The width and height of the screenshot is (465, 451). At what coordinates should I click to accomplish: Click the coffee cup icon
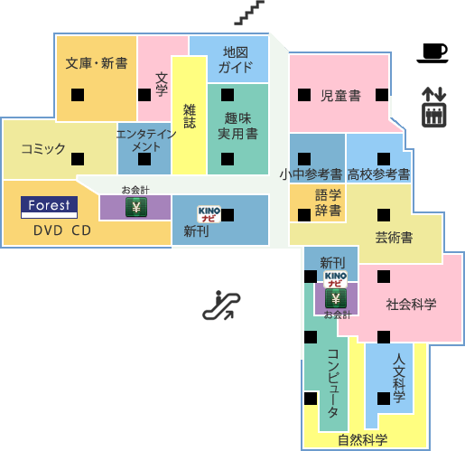432,53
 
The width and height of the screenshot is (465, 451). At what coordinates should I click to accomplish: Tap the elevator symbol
433,107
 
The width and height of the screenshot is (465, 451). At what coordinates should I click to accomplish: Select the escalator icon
221,305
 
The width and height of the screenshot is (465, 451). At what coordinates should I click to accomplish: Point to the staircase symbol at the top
249,13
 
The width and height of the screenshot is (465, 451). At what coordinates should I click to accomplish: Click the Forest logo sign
49,207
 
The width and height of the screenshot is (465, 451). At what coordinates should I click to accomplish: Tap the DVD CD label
62,230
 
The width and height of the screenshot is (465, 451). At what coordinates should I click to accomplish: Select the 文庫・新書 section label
97,63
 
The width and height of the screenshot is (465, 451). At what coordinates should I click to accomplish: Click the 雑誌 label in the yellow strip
190,116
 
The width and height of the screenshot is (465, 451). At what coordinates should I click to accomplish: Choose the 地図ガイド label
236,60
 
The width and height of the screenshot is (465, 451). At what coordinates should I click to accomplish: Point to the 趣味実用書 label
237,126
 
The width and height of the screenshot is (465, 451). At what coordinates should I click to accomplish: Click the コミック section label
43,149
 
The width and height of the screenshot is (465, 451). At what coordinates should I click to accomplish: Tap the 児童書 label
340,96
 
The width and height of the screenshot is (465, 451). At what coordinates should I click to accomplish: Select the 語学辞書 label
328,202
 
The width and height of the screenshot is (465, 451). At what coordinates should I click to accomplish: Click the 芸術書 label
394,238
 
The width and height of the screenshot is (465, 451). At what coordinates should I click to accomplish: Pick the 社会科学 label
411,305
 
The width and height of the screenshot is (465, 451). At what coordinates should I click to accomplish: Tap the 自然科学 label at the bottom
362,440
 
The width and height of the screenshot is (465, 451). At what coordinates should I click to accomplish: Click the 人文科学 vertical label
399,379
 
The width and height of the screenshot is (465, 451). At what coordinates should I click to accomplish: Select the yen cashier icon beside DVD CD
136,207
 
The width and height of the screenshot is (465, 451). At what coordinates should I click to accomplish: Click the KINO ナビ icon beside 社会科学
336,279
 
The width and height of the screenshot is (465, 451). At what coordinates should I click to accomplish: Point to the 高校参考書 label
378,174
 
